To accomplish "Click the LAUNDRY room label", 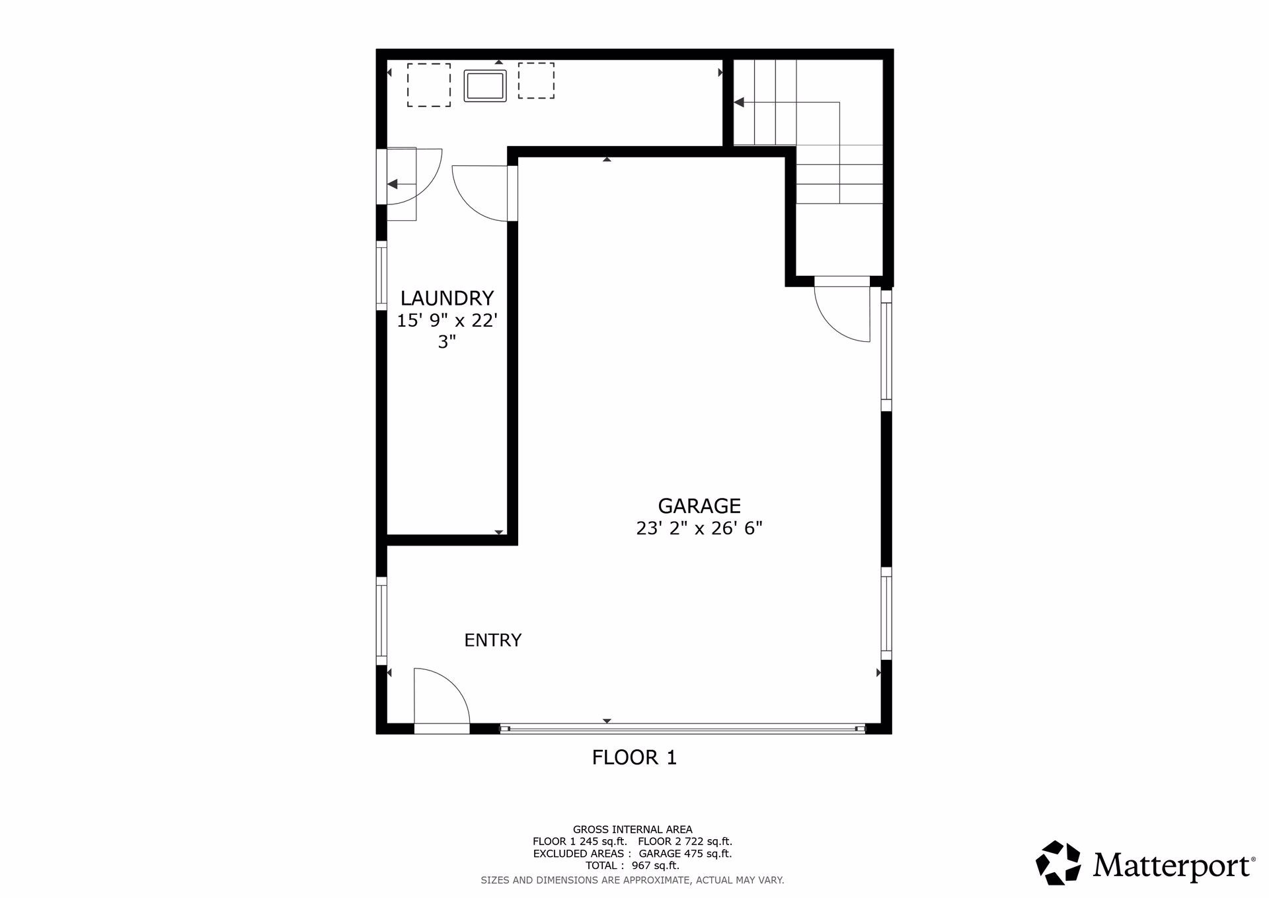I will [447, 298].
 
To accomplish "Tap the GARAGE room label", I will [699, 506].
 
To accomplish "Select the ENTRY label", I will [492, 640].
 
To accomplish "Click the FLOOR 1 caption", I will [634, 758].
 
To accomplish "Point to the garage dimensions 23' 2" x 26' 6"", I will [699, 528].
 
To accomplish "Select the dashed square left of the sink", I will [428, 85].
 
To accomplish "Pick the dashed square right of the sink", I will [536, 81].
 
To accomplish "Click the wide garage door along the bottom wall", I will [682, 729].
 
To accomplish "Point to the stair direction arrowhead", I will [739, 102].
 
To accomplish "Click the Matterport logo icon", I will [1057, 862].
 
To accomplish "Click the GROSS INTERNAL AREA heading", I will [633, 829].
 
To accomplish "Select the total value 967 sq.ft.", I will [655, 866].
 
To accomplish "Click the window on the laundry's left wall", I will [381, 275].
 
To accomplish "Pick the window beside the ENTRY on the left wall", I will [381, 621].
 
